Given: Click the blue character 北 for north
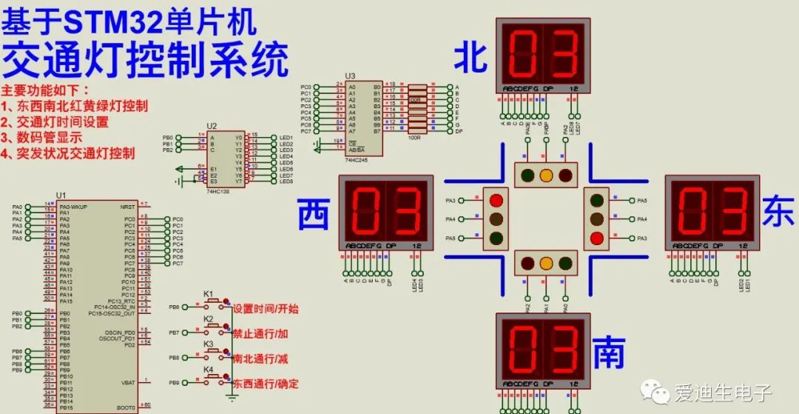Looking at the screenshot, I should (471, 57).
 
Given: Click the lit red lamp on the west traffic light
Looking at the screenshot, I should (496, 201).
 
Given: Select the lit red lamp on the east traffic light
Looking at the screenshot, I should (597, 238).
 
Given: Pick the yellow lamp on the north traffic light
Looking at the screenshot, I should (546, 176).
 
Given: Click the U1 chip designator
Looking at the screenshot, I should (61, 196).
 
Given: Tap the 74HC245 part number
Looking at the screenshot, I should (357, 160).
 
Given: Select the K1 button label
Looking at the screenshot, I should (208, 293).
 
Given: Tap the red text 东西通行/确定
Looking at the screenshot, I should (266, 385).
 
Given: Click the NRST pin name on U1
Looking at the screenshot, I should (127, 207).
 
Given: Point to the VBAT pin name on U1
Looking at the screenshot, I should (127, 382).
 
